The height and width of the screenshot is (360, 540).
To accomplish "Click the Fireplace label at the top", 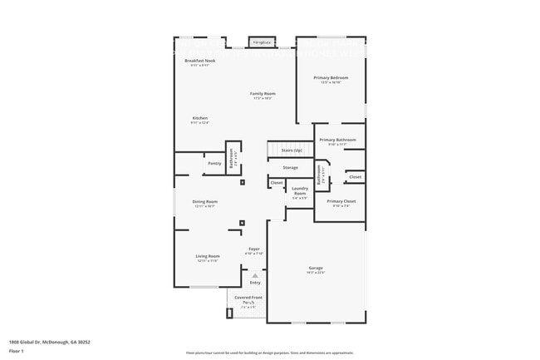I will (x=262, y=42).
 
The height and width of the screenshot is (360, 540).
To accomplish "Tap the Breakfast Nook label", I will (x=200, y=61).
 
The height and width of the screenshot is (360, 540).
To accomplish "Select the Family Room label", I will (x=263, y=94).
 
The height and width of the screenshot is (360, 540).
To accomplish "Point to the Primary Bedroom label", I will (x=331, y=77).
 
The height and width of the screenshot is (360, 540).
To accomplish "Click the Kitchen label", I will (x=200, y=118).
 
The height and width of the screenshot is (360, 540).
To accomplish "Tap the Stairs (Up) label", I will (x=292, y=150).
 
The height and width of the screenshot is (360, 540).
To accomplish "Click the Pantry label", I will (x=214, y=164).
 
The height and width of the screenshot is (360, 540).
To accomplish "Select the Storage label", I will (x=290, y=168).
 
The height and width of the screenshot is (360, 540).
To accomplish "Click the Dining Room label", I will (x=205, y=202).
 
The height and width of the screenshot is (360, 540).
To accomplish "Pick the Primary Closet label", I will (x=341, y=201).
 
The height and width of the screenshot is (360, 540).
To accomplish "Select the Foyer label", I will (x=255, y=249).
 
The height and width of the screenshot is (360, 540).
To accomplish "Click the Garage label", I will (x=316, y=268).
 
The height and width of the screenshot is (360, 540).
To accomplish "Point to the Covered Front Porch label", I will (x=248, y=299).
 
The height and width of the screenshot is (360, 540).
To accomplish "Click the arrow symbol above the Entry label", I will (x=255, y=275).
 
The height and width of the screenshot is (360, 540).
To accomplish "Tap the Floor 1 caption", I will (x=17, y=351).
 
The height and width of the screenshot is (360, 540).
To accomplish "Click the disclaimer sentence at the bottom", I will (x=269, y=353).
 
